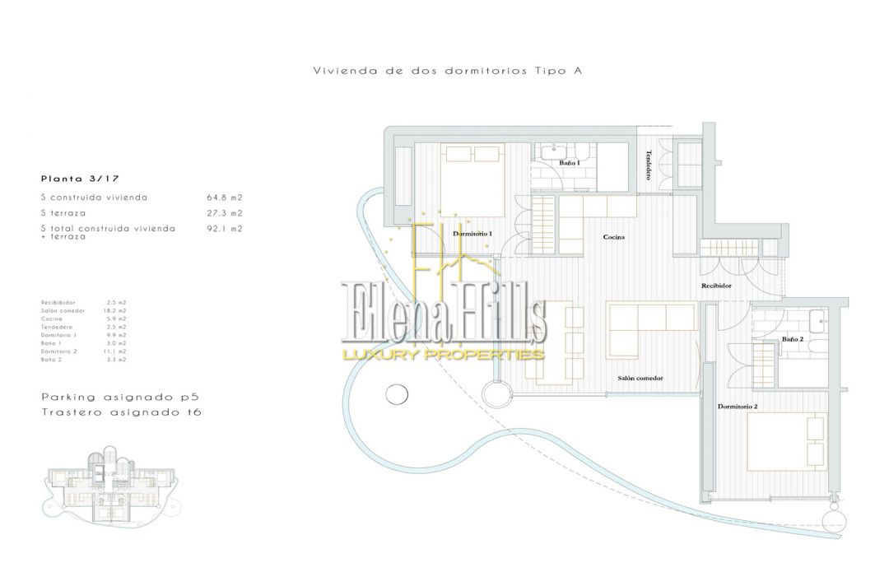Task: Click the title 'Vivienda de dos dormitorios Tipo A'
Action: click(449, 71)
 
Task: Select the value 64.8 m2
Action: click(225, 198)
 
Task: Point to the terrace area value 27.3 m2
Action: click(225, 213)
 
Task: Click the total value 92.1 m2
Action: click(225, 229)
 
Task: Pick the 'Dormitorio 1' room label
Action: click(472, 234)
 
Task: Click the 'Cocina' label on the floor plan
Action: click(613, 237)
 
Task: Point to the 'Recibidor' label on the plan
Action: click(716, 286)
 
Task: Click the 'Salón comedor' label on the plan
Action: click(640, 379)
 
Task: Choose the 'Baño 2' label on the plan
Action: click(793, 339)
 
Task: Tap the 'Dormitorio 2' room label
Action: click(738, 407)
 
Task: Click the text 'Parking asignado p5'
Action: click(120, 397)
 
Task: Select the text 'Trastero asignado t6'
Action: click(121, 412)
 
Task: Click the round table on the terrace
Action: click(397, 393)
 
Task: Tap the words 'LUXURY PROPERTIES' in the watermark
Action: click(444, 355)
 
